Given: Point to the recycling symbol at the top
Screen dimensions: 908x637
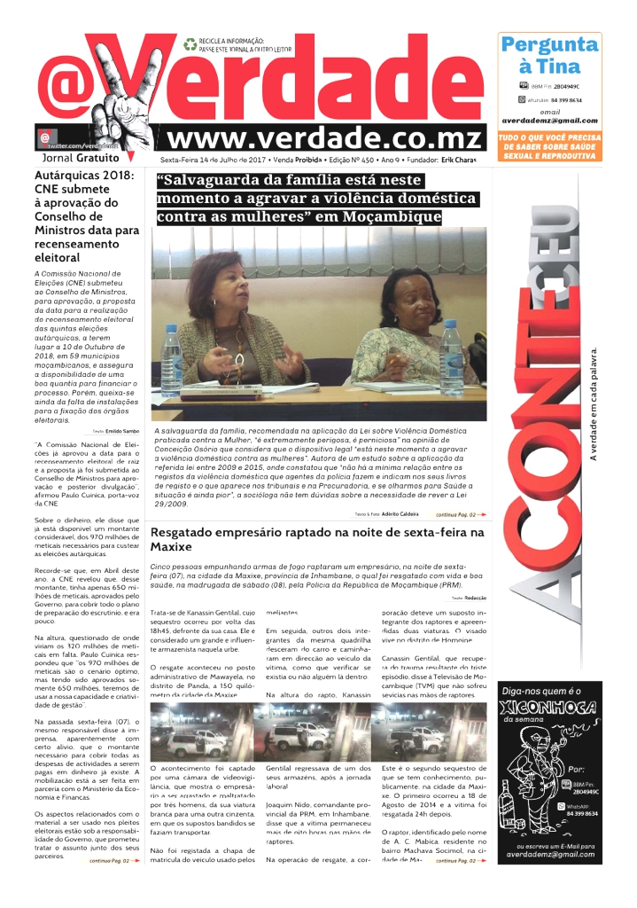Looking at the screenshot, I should [x=190, y=43].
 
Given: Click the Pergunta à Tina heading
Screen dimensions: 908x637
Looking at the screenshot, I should [x=549, y=55].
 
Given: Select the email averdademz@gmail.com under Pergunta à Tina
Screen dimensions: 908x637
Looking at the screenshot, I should [x=549, y=121].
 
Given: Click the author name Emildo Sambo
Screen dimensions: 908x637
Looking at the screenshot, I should [x=127, y=430].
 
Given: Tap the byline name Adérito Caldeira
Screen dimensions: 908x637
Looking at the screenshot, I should [x=400, y=513].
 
